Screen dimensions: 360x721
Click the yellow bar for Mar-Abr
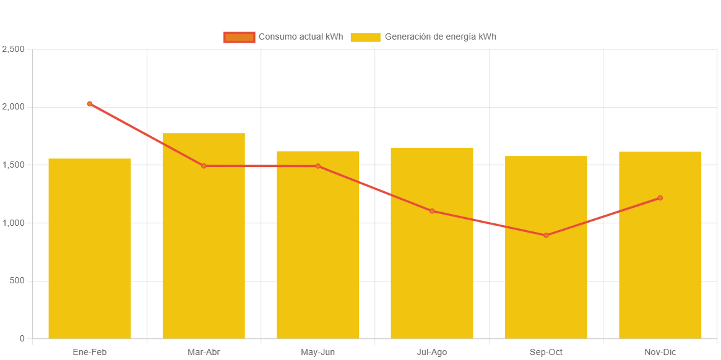[x=204, y=236]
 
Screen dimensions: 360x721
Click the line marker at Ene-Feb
[x=90, y=104]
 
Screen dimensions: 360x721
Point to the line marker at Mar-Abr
[x=204, y=166]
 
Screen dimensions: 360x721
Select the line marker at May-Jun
[x=318, y=166]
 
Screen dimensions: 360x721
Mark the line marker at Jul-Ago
[x=432, y=211]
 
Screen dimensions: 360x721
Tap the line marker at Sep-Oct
[x=546, y=235]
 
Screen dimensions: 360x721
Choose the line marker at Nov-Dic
[x=660, y=198]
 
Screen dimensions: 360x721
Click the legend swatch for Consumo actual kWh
[x=240, y=37]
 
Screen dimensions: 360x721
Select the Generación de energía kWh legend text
[x=440, y=36]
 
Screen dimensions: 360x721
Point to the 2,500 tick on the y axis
[x=13, y=49]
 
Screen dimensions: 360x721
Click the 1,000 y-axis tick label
[x=13, y=223]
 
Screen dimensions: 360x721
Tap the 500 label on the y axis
[x=17, y=281]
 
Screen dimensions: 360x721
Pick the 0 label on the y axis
[x=22, y=338]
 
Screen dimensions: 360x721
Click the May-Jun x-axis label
[x=318, y=352]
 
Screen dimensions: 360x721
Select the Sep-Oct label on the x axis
[x=546, y=352]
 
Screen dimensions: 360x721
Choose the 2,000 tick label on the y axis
[x=13, y=107]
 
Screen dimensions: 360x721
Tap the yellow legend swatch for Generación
[x=365, y=37]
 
